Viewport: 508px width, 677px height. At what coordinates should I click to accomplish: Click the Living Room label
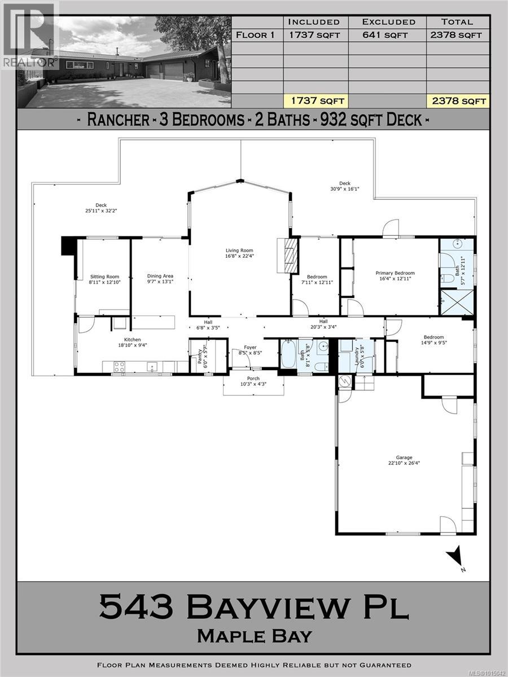point(239,250)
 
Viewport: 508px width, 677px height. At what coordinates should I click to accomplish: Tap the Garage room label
point(404,458)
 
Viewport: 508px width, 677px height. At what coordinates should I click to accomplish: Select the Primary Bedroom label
point(395,273)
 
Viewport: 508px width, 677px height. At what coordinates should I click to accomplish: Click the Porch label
point(253,379)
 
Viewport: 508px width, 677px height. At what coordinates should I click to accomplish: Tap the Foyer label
point(250,348)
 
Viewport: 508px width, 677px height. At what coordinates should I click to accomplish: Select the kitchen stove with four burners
point(120,366)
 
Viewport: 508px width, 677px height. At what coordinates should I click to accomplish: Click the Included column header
point(314,22)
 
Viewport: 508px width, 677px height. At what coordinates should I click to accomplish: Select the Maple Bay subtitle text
point(254,636)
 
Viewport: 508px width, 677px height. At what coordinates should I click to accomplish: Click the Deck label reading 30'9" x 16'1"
point(345,186)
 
